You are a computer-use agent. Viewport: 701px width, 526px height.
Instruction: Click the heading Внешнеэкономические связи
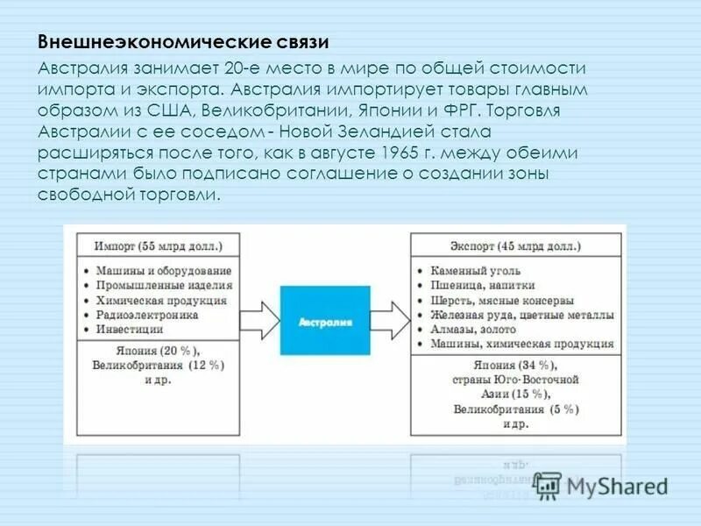pos(184,42)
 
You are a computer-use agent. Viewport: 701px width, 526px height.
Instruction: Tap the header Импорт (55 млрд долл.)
pos(159,246)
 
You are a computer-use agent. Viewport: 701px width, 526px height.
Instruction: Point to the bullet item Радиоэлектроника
pos(147,315)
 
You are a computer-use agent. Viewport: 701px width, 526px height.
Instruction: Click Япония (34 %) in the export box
pos(517,365)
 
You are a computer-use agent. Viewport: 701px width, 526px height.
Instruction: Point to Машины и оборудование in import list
pos(164,270)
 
